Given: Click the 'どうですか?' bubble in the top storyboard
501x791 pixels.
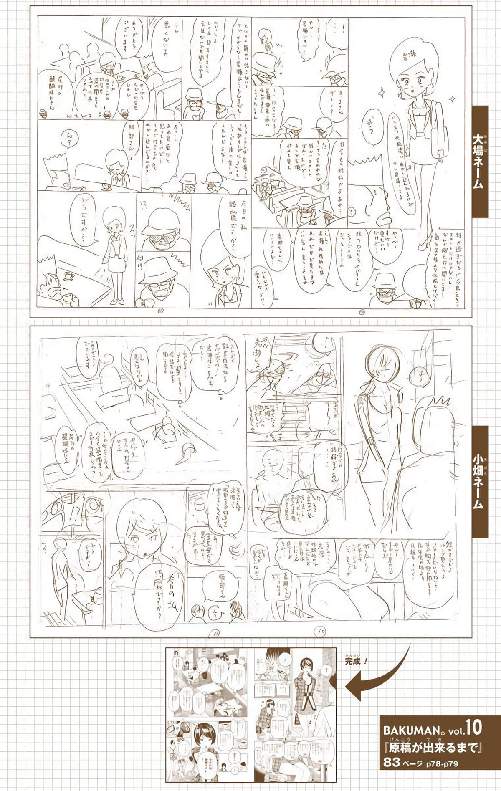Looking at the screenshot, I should pos(82,217).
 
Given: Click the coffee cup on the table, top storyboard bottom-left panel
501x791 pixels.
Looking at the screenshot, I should pos(68,276).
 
